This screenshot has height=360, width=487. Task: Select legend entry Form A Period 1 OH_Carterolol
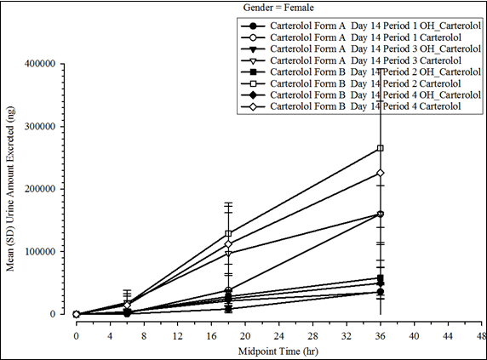366,26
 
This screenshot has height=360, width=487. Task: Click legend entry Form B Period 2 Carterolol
366,83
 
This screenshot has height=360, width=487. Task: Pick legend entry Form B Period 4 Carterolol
366,106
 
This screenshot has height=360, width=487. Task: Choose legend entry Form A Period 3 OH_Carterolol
366,49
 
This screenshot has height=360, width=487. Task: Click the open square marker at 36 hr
380,148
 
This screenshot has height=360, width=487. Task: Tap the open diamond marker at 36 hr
380,173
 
